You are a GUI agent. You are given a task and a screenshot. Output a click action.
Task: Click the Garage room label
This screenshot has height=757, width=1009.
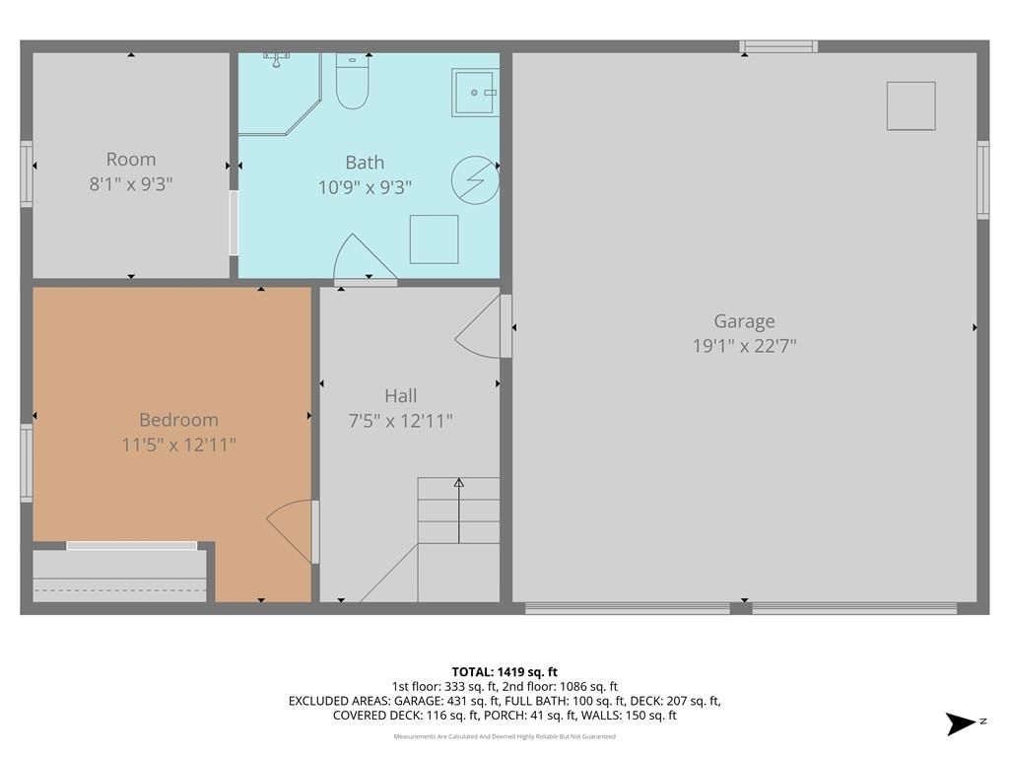[x=744, y=320]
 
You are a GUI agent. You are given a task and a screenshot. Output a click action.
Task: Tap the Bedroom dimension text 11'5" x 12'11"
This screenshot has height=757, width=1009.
[x=179, y=445]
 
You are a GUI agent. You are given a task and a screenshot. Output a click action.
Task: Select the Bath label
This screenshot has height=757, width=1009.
[x=365, y=163]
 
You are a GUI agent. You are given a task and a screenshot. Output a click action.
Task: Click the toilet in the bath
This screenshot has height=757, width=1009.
[x=352, y=81]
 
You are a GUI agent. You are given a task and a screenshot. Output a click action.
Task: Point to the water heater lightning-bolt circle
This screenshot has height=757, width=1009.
[x=475, y=179]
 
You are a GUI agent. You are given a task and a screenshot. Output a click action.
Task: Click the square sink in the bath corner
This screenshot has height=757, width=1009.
[x=476, y=93]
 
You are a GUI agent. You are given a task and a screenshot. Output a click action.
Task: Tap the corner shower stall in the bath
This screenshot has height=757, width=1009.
[x=279, y=94]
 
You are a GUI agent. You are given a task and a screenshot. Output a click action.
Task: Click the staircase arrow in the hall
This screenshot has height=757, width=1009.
[x=459, y=511]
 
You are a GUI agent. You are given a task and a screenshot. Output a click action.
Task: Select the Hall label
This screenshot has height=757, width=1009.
[x=400, y=395]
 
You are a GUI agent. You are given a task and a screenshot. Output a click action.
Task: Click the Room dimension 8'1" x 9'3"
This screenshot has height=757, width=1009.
[x=131, y=184]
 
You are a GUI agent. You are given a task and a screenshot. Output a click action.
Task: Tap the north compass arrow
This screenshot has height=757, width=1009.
[x=960, y=723]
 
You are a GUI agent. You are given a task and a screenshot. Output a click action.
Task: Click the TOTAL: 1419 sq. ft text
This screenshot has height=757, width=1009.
[x=504, y=672]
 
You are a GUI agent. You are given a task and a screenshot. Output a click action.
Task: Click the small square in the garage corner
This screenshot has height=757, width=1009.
[x=910, y=106]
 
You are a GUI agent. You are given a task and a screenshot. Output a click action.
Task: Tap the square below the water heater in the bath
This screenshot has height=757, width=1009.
[x=435, y=240]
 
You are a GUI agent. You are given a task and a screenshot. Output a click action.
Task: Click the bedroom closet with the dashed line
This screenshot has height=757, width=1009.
[x=119, y=576]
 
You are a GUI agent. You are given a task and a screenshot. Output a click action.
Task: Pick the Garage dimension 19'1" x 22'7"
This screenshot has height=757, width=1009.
[x=744, y=346]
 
